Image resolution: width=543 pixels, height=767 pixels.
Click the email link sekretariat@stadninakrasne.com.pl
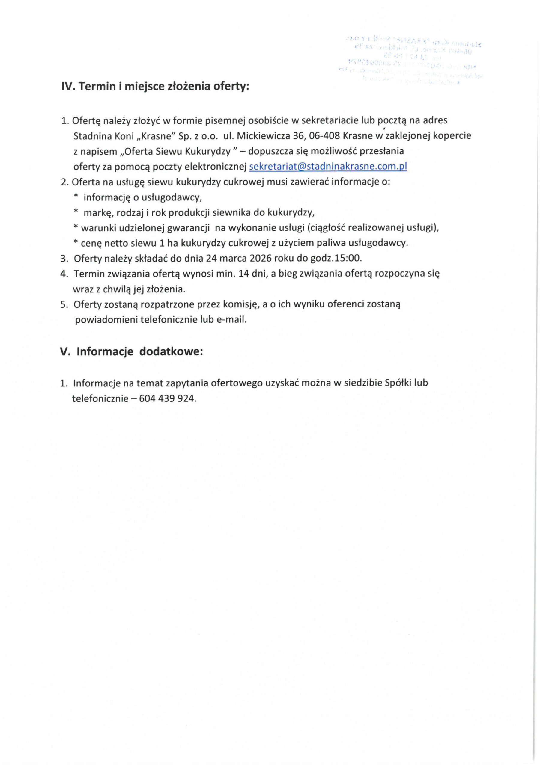pos(328,166)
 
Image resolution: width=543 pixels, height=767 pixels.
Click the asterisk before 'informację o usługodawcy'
pos(76,197)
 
